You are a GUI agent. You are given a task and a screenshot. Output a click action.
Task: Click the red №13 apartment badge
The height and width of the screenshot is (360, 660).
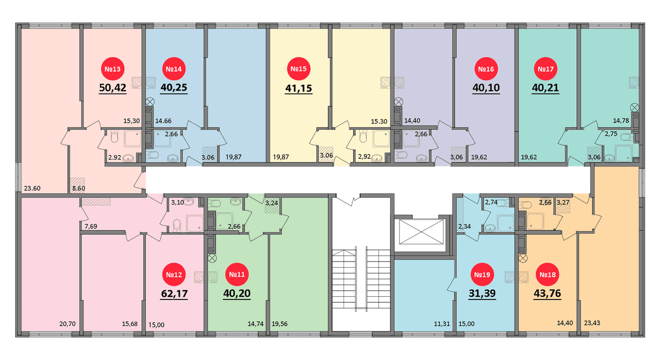[x=113, y=69]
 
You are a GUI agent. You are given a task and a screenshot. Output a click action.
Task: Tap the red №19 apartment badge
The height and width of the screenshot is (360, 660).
[x=482, y=275]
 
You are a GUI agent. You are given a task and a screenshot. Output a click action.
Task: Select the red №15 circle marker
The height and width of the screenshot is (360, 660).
[x=299, y=69]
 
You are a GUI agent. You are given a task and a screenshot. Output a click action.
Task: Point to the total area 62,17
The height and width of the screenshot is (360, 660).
[x=174, y=293]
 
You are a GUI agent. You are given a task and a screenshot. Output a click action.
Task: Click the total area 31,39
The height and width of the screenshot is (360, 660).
[x=482, y=293]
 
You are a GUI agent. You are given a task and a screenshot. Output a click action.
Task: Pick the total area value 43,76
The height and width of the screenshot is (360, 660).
[x=547, y=293]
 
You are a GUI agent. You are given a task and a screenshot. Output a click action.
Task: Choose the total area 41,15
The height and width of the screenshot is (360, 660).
[x=299, y=88]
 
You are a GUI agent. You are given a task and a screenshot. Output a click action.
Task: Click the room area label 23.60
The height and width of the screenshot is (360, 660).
[x=32, y=189]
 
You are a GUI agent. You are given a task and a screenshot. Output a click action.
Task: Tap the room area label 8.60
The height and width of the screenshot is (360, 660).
[x=79, y=189]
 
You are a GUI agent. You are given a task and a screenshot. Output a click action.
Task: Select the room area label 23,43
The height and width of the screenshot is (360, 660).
[x=592, y=323]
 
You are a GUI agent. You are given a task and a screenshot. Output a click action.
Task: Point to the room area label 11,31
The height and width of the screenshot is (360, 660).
[x=442, y=324]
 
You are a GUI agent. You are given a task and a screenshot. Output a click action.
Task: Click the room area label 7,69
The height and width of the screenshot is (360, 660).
[x=91, y=226]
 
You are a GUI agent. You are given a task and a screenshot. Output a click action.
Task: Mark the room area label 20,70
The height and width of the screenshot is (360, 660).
[x=68, y=324]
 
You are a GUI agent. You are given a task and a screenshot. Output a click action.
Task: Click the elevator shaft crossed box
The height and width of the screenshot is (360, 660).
[x=421, y=232]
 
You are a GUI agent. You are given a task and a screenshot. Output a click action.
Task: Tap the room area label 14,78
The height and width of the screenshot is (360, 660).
[x=621, y=120]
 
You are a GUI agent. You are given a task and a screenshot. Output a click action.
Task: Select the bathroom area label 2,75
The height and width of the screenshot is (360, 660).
[x=611, y=134]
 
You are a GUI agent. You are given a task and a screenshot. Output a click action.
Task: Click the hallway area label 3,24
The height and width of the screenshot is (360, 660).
[x=271, y=203]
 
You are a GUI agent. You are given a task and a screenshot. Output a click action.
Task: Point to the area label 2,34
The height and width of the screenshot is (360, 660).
[x=464, y=226]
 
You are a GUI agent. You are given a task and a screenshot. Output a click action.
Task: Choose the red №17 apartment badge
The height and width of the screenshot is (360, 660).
[x=546, y=69]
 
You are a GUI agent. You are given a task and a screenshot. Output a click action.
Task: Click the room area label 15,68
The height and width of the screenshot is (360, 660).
[x=130, y=324]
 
